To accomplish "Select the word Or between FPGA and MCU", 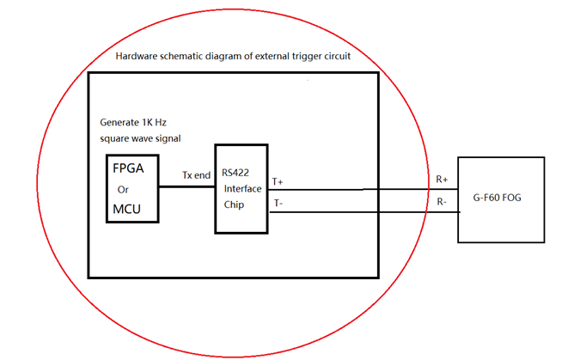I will click(x=122, y=190).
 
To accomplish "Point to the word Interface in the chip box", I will click(x=242, y=188).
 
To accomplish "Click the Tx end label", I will click(x=196, y=175).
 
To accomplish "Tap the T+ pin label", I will click(x=278, y=182).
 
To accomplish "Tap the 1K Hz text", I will click(x=160, y=124).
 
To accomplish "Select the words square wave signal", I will click(x=141, y=138).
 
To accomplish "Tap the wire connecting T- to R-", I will click(x=361, y=211).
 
